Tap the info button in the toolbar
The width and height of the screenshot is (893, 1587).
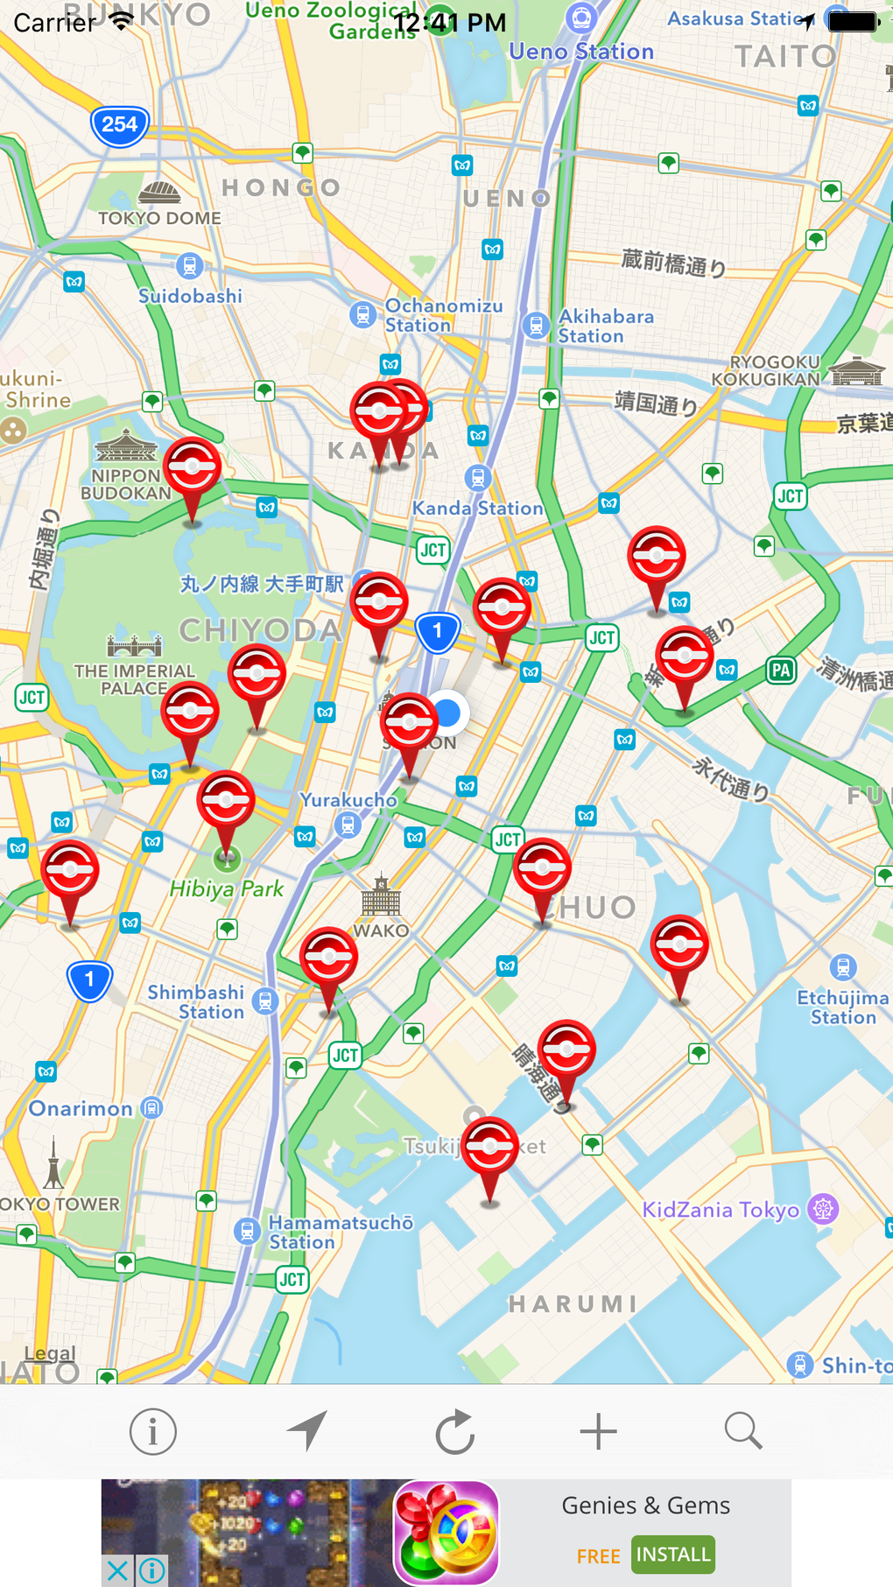(x=152, y=1432)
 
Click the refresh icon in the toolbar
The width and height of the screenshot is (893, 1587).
(x=455, y=1432)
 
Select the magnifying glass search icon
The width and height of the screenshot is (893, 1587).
(x=743, y=1431)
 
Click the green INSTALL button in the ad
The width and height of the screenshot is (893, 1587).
(x=673, y=1555)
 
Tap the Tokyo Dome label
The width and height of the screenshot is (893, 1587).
(x=159, y=218)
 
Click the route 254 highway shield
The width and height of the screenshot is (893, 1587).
(x=120, y=125)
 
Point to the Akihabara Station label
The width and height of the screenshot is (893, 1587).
(x=606, y=326)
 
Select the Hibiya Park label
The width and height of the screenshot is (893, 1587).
(x=227, y=889)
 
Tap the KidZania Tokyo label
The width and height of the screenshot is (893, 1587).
(x=721, y=1210)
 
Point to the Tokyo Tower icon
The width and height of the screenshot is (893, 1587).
(x=53, y=1163)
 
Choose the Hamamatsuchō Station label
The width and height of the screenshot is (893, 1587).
(x=341, y=1232)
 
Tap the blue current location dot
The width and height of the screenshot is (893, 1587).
(x=448, y=713)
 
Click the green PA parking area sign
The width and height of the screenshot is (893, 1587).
(x=781, y=671)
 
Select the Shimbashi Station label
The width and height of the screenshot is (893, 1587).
(x=196, y=1001)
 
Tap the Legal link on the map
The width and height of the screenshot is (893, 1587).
(x=50, y=1353)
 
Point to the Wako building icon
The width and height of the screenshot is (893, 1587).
(x=381, y=895)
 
